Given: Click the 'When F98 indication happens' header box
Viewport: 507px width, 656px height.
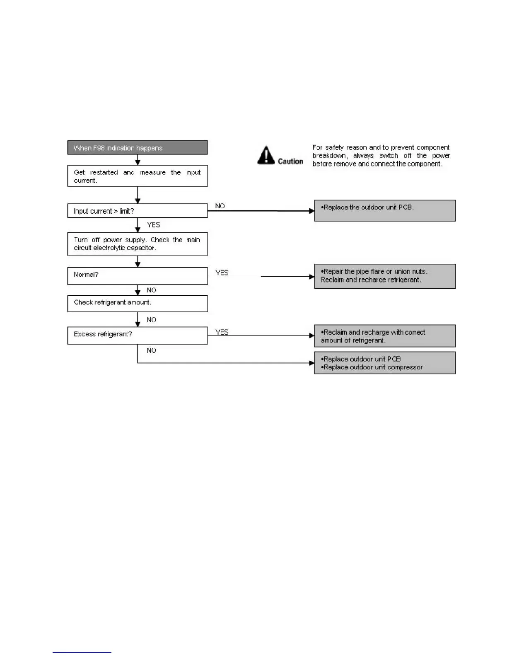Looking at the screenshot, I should tap(137, 148).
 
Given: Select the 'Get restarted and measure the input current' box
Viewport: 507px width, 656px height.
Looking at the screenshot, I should tap(137, 176).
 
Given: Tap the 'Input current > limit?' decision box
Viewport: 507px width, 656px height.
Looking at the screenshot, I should tap(137, 211).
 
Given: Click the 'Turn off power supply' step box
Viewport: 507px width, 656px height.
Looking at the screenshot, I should tap(137, 244).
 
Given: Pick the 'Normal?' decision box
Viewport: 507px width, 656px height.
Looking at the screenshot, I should tap(137, 276).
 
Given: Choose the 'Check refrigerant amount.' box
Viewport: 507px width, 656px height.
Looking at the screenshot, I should tap(137, 304).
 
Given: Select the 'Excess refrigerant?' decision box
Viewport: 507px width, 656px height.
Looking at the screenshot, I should tap(137, 335).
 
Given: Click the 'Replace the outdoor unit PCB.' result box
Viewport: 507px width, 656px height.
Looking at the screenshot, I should tap(384, 211).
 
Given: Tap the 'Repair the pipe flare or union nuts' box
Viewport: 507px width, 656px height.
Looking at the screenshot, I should tap(384, 276).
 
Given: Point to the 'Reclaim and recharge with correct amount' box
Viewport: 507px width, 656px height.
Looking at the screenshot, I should tap(384, 336).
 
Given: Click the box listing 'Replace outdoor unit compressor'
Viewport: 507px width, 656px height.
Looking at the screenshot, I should tap(384, 363).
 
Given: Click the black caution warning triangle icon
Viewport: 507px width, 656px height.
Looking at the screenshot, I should tap(266, 156).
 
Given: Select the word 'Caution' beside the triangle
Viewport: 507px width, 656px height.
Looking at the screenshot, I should tap(290, 162).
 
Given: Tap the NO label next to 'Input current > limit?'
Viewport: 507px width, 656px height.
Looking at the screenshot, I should tap(220, 206).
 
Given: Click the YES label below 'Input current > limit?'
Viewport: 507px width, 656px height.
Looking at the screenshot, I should tap(153, 225).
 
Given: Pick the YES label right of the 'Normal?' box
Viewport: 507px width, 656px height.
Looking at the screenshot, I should tap(222, 273).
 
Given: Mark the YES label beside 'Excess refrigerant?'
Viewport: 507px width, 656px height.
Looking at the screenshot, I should tap(222, 332).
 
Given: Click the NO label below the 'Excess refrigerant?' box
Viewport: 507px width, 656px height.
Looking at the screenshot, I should tap(151, 350).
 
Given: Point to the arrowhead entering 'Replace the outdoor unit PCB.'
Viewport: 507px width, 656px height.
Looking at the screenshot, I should tap(311, 211).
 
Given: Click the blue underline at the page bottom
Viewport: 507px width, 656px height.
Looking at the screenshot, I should tap(82, 652).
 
